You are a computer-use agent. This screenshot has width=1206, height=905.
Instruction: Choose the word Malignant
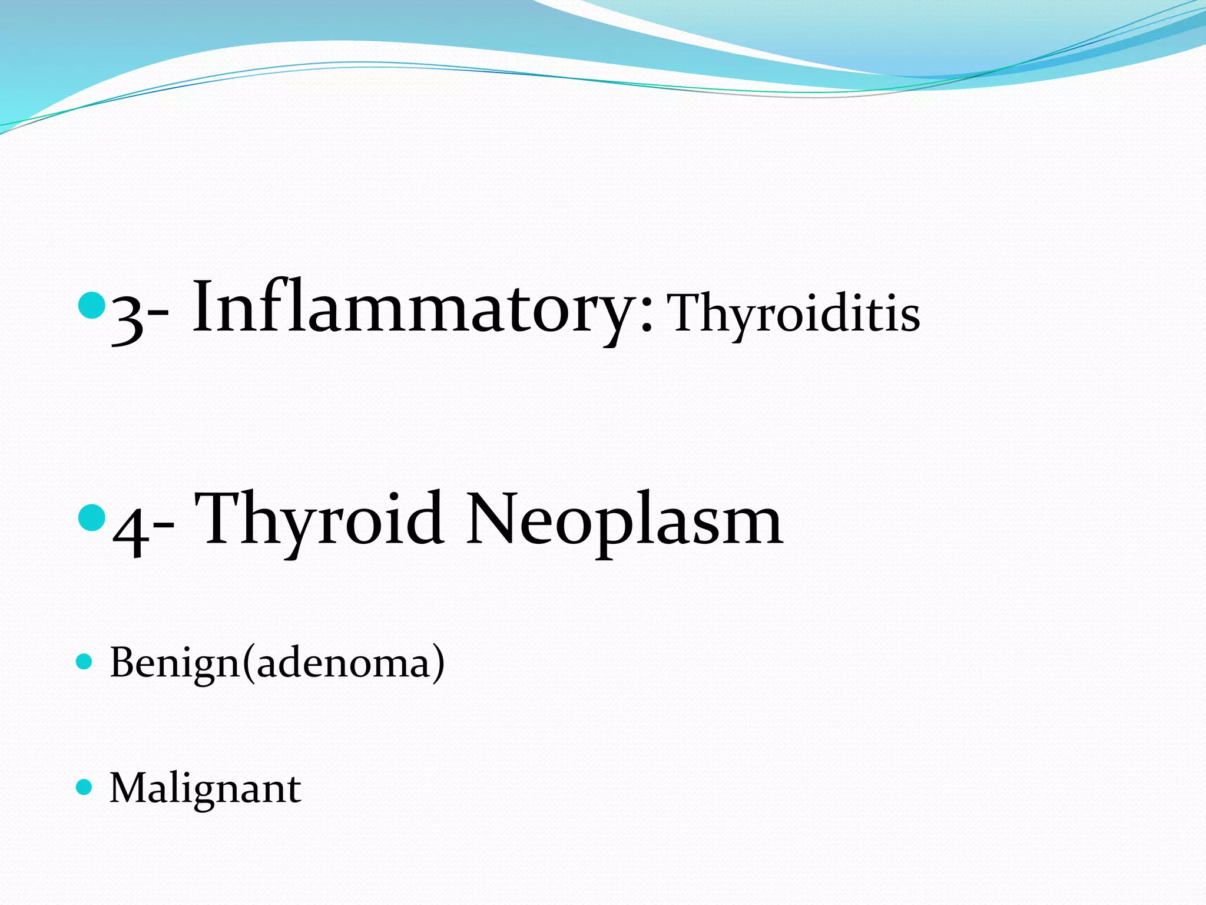[206, 788]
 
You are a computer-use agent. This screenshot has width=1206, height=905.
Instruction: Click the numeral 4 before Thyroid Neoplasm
[129, 528]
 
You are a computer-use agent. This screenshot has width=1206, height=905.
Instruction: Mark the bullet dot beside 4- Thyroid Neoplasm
[91, 517]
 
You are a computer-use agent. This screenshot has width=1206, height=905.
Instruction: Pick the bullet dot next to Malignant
[85, 787]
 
